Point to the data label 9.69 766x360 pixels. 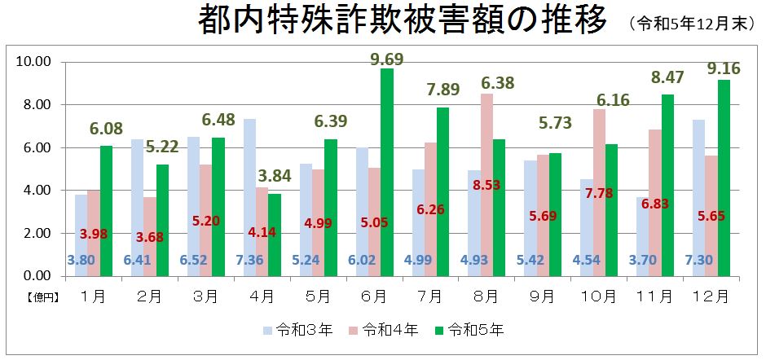tap(386, 58)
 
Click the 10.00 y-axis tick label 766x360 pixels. tap(33, 62)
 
